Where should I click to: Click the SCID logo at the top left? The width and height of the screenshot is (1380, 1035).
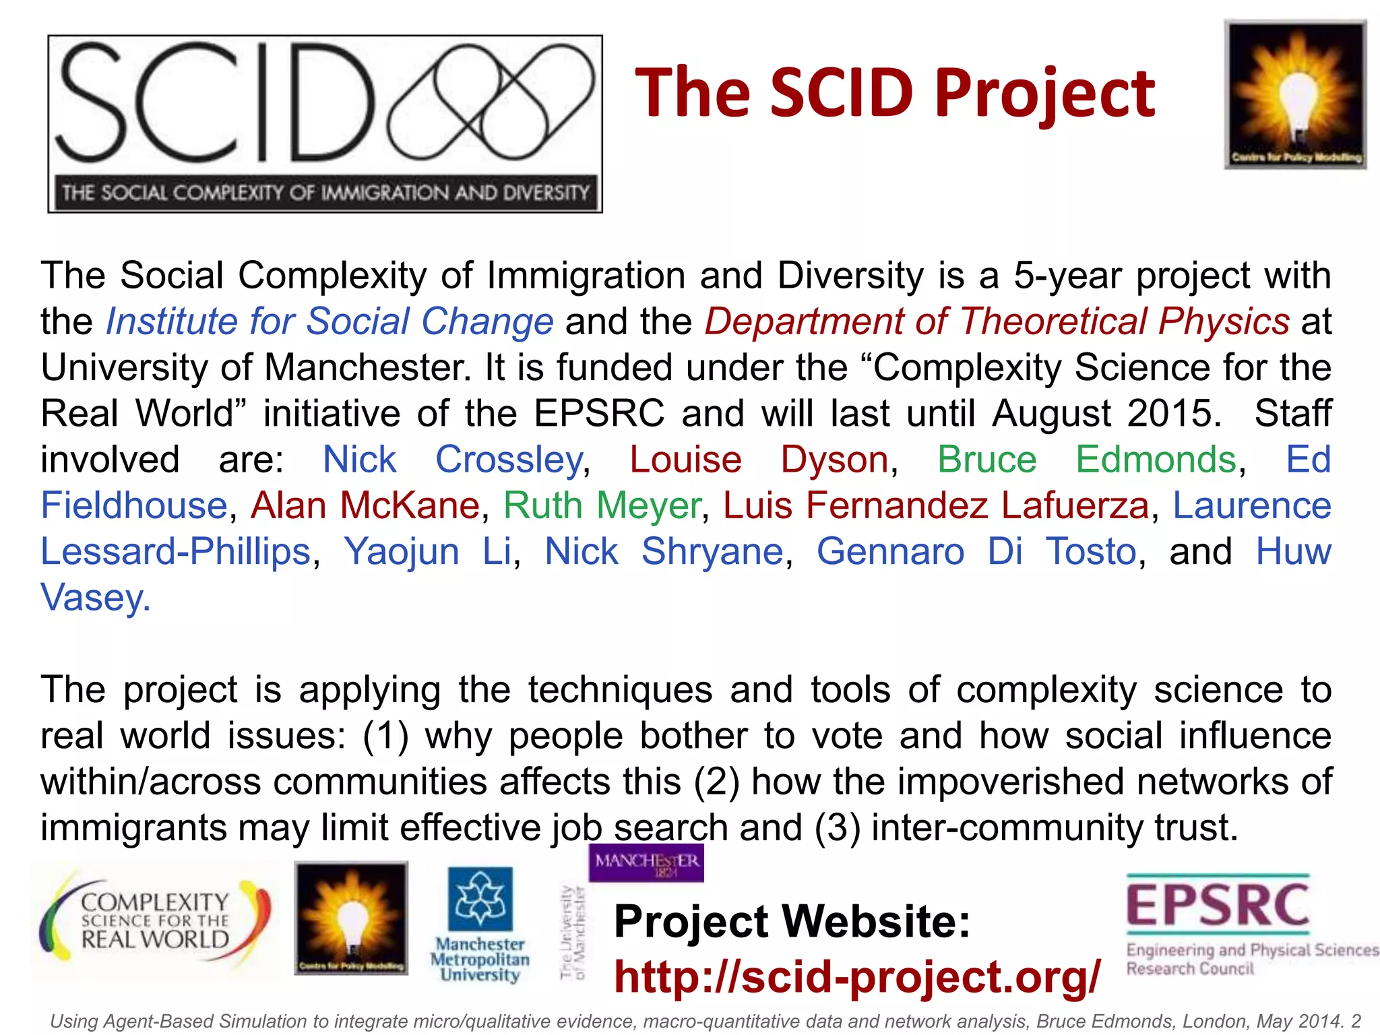point(325,124)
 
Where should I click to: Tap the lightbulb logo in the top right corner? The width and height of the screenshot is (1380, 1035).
point(1295,94)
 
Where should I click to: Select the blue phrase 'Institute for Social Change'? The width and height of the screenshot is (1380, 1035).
point(330,321)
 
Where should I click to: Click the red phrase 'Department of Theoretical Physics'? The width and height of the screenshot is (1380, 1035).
point(997,321)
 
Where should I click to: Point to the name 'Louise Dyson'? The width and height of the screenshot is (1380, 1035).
point(759,460)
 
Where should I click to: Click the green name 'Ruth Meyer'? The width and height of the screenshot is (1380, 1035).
point(602,505)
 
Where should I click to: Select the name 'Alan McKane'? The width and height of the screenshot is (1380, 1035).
point(365,505)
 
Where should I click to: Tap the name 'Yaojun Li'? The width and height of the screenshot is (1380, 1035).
point(428,551)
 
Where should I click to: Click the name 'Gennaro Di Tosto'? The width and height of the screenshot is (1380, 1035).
point(976,551)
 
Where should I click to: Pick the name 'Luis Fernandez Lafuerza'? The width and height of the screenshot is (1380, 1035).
point(935,505)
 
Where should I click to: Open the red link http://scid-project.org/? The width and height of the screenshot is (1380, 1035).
point(857,976)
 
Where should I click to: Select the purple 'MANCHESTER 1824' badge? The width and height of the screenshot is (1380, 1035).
point(646,863)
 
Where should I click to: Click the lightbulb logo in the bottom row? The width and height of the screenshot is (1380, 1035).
point(351,918)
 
